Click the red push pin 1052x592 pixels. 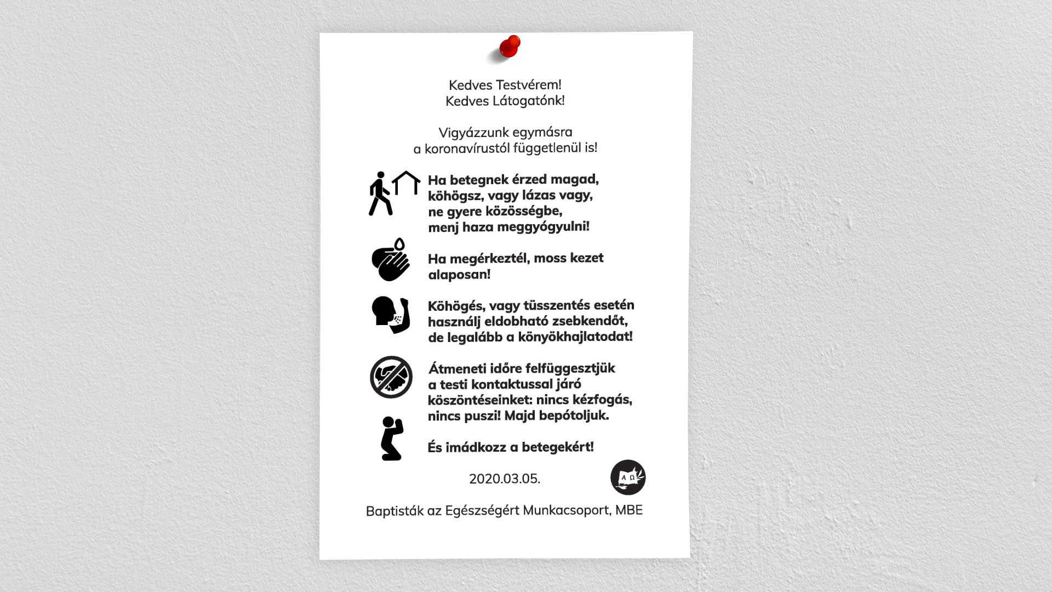click(x=510, y=47)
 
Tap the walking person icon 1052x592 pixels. click(x=380, y=193)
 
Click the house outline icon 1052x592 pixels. click(x=406, y=183)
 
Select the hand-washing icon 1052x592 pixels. click(x=391, y=260)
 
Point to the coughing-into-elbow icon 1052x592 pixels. click(x=391, y=315)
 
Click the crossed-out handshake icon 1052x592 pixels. click(x=391, y=377)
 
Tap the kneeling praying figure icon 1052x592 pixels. click(x=392, y=439)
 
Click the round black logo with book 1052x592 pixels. click(x=628, y=477)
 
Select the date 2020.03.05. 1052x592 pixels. click(x=505, y=479)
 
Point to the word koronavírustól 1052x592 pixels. click(x=467, y=149)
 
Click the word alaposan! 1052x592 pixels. click(x=459, y=275)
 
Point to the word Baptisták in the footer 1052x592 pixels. click(x=395, y=511)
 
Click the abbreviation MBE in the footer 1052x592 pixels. click(x=629, y=510)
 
